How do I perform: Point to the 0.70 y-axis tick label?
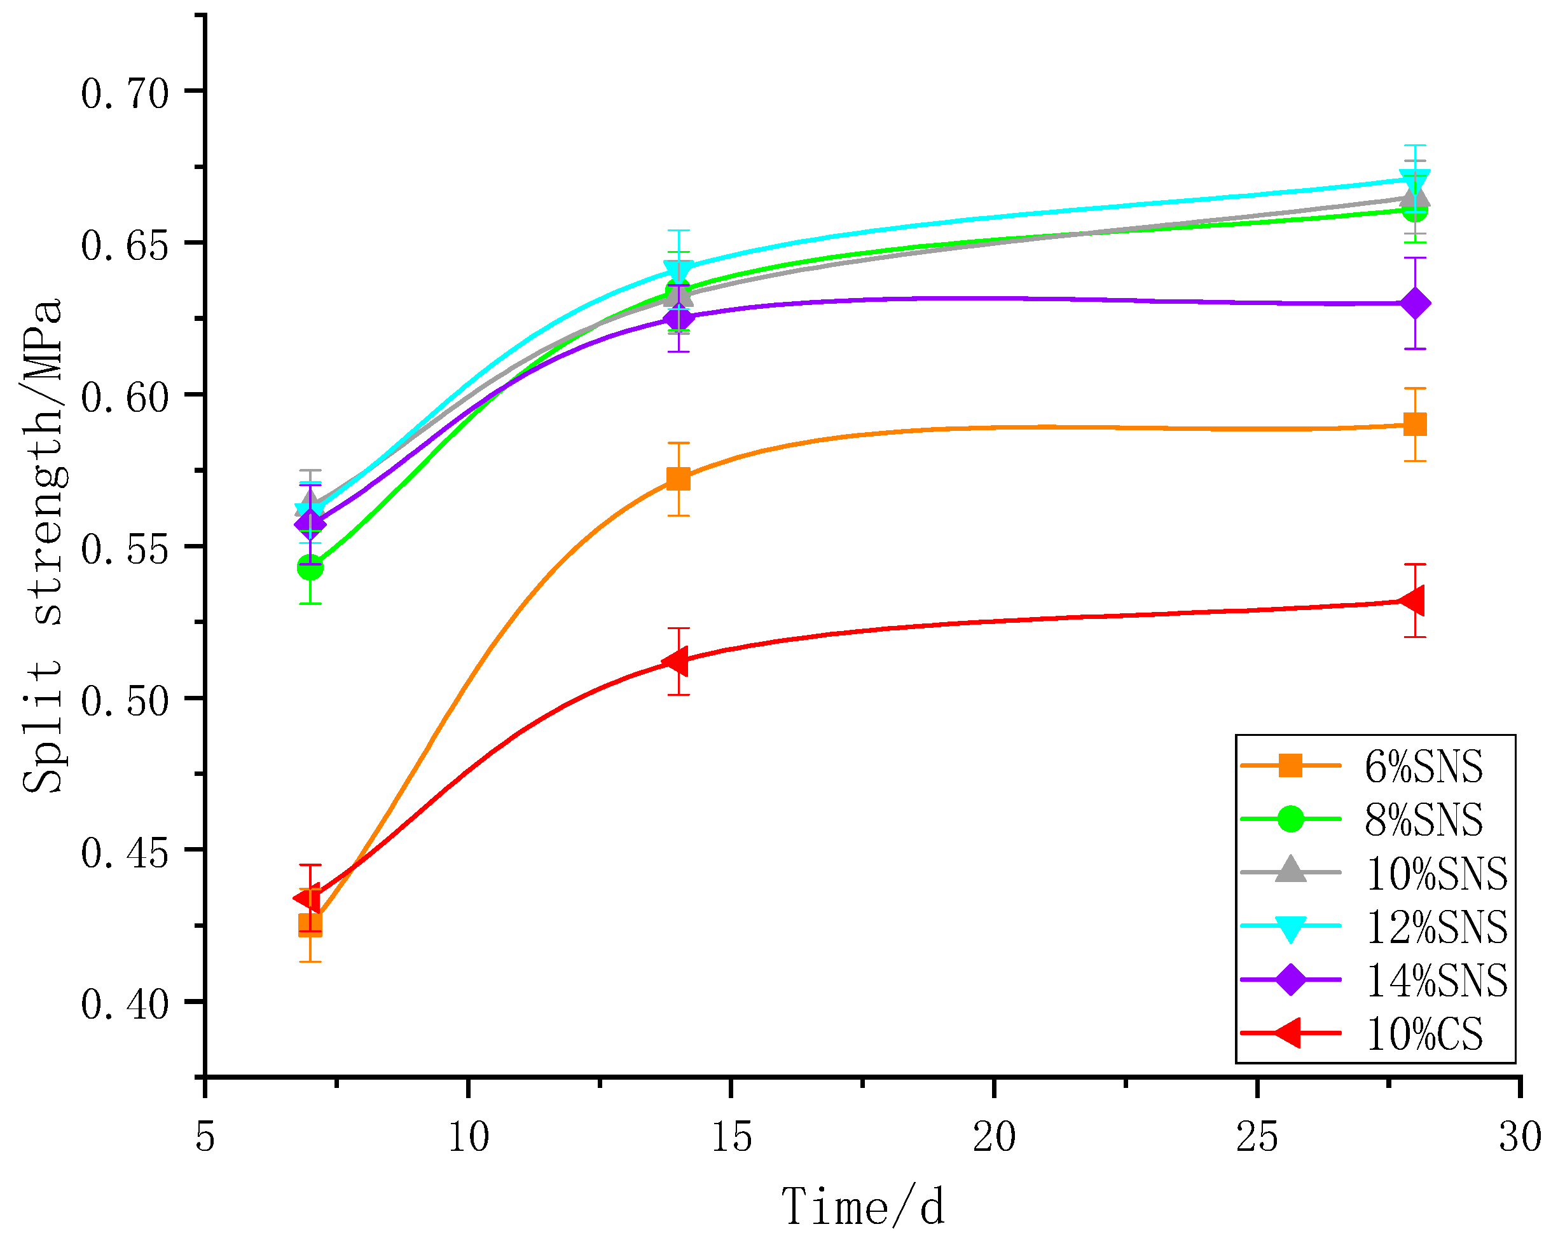[x=125, y=93]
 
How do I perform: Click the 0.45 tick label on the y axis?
[x=125, y=853]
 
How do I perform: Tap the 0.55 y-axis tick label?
[x=125, y=549]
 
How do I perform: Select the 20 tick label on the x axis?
[x=994, y=1137]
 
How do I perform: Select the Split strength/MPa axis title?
[x=43, y=547]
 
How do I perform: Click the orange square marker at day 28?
[x=1414, y=425]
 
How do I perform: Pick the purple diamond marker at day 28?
[x=1414, y=303]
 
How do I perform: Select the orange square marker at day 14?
[x=679, y=479]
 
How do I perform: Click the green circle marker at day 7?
[x=310, y=567]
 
